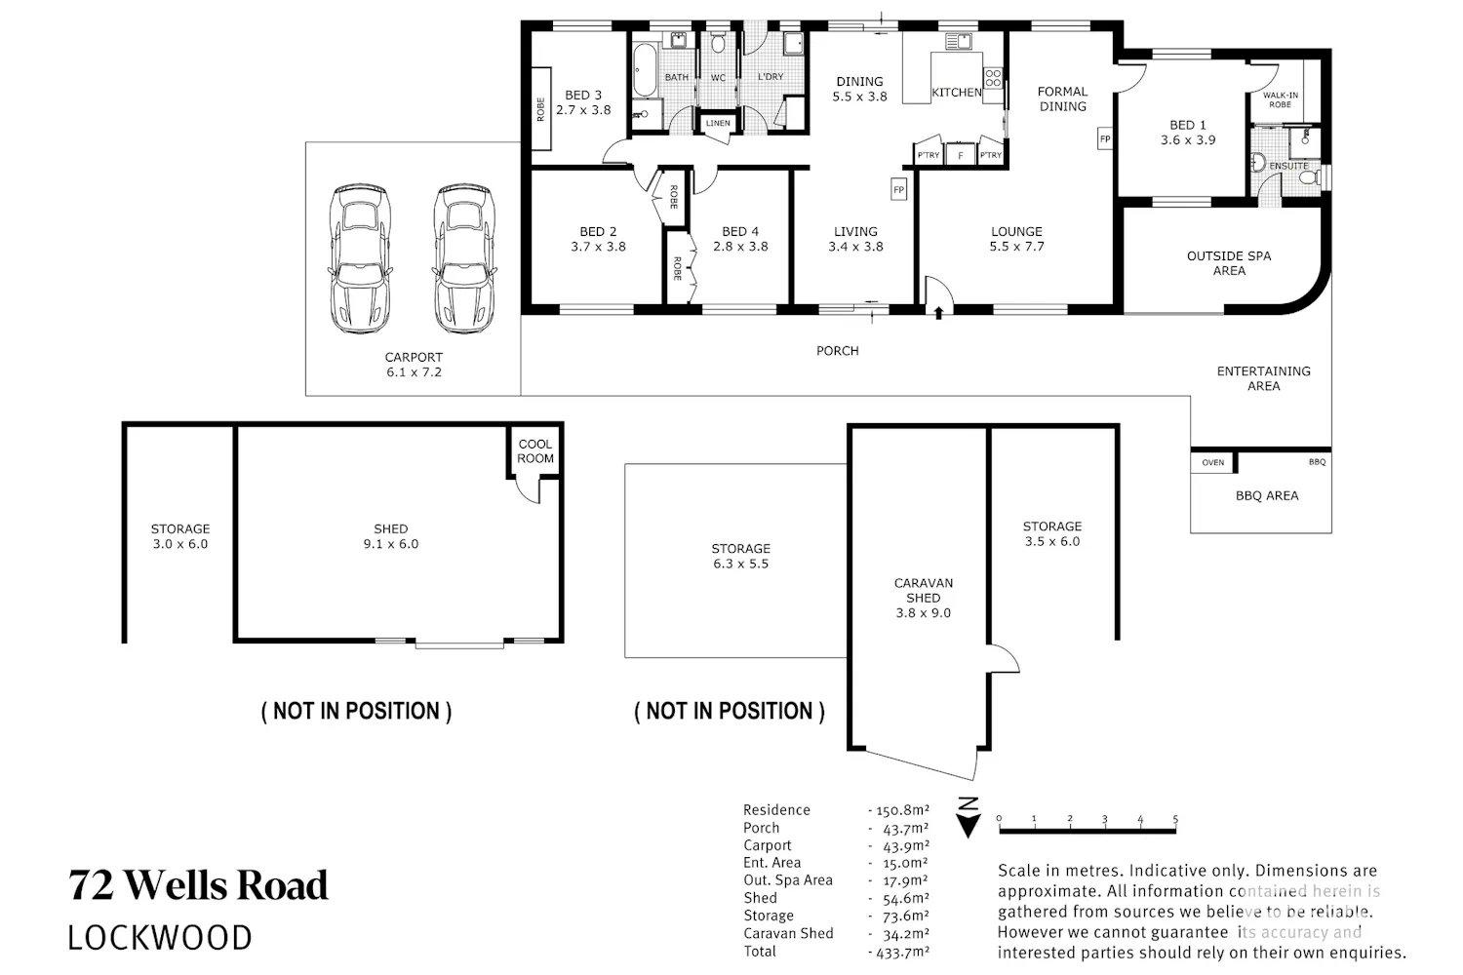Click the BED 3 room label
click(583, 102)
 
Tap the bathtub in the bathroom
click(646, 70)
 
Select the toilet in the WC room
click(718, 43)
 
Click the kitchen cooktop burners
click(993, 78)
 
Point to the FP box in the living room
click(898, 190)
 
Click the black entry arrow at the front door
click(938, 313)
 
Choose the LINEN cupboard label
click(718, 123)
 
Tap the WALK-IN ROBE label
click(1280, 99)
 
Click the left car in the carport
click(361, 258)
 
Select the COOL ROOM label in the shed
click(535, 451)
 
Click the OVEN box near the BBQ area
click(1213, 462)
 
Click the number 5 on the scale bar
click(1175, 819)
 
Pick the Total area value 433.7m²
click(902, 953)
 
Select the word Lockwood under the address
click(160, 938)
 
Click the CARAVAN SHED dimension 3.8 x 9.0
click(924, 612)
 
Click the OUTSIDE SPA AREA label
click(1229, 263)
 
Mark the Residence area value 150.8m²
click(902, 810)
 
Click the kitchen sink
click(959, 41)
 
